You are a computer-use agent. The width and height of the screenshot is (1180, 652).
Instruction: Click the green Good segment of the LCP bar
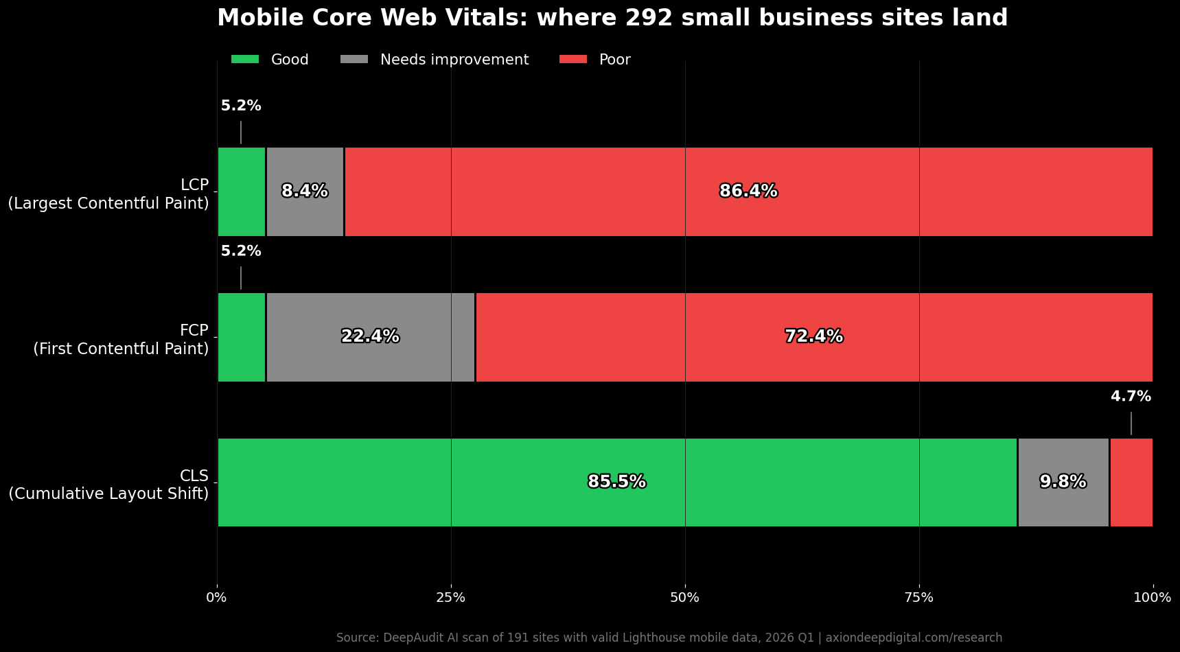click(x=241, y=191)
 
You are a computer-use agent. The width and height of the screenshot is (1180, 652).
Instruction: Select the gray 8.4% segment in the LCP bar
click(x=305, y=191)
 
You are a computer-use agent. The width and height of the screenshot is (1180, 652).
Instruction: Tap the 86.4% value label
click(x=748, y=191)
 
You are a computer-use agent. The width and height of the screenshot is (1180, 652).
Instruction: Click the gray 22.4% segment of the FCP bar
click(x=371, y=337)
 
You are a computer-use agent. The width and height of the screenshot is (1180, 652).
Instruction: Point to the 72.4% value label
click(x=813, y=337)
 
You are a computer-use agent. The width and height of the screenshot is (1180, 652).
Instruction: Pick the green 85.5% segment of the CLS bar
click(x=616, y=482)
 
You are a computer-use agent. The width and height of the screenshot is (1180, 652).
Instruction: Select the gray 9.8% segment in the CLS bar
click(x=1063, y=482)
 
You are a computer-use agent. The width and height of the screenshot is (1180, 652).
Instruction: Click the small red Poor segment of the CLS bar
click(x=1131, y=482)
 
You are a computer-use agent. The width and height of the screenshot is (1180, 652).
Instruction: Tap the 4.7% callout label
click(x=1131, y=397)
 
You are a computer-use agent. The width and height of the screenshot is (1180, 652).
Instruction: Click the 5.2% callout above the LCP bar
click(x=241, y=106)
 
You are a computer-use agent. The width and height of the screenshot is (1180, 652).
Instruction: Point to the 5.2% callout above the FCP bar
click(x=241, y=252)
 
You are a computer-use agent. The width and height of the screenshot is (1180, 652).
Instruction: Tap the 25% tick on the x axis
click(x=451, y=598)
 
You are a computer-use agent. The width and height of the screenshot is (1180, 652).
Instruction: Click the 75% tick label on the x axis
click(x=919, y=598)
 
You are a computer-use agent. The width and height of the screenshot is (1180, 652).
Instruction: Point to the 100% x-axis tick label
click(x=1152, y=598)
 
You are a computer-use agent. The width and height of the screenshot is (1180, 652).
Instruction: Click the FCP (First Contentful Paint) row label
click(x=121, y=340)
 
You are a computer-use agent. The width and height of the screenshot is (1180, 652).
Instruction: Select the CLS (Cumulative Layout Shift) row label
click(x=108, y=485)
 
